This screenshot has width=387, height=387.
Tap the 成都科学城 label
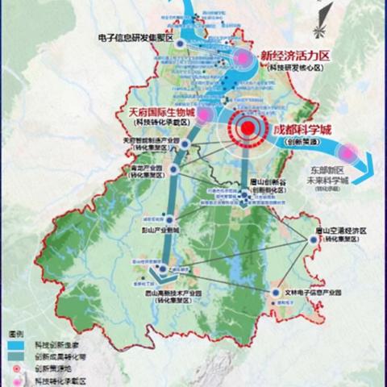click(302, 129)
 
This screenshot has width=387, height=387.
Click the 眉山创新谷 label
click(266, 184)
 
